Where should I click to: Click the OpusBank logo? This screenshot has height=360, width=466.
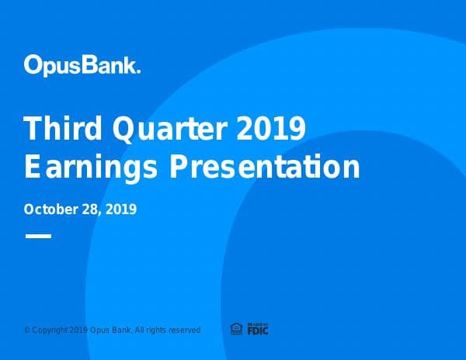point(82,64)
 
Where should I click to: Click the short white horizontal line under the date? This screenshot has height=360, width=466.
point(38,235)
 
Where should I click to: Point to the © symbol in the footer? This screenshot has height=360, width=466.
point(27,331)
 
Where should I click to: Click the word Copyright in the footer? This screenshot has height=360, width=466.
point(47,331)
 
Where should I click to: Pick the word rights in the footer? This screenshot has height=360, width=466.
point(158,331)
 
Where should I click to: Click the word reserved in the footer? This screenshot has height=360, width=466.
point(186,331)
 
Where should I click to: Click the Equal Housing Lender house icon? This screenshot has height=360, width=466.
point(237,329)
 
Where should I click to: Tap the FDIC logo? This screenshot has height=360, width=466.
point(258,329)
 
